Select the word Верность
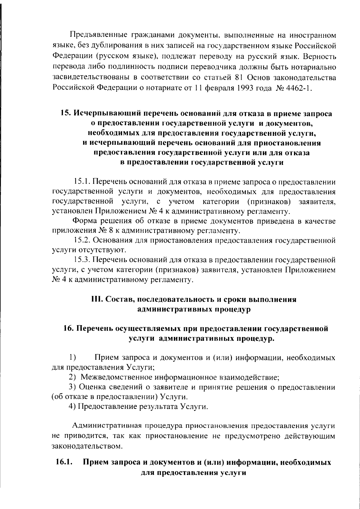pos(319,56)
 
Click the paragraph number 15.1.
pos(82,181)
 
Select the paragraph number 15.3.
pos(82,260)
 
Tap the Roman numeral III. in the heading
pos(97,299)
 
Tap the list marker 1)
pos(72,357)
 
